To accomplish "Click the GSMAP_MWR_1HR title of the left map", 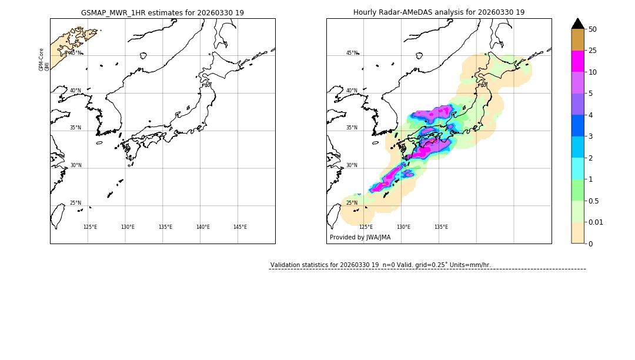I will [x=162, y=12].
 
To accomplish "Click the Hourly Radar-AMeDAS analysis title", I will [x=439, y=12].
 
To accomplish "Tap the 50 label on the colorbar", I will [x=593, y=29].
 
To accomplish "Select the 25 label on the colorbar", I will [x=593, y=51].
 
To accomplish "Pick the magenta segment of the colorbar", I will [x=577, y=61].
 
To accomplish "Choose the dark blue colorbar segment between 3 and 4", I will [x=577, y=125].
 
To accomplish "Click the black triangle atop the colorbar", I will [x=577, y=24].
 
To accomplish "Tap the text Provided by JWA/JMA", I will [x=360, y=237].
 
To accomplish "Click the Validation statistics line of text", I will [x=380, y=265].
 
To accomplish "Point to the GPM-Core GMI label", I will [x=44, y=59].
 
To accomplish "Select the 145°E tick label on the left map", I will [x=240, y=227].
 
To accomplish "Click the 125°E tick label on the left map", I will [x=90, y=227].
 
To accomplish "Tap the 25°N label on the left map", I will [x=75, y=203].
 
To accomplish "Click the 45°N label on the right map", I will [x=352, y=53].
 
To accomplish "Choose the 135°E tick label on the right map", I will [x=441, y=227].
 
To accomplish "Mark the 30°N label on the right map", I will [x=352, y=165].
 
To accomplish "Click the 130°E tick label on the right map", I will [x=403, y=227].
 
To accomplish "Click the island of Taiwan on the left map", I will [x=58, y=216].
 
